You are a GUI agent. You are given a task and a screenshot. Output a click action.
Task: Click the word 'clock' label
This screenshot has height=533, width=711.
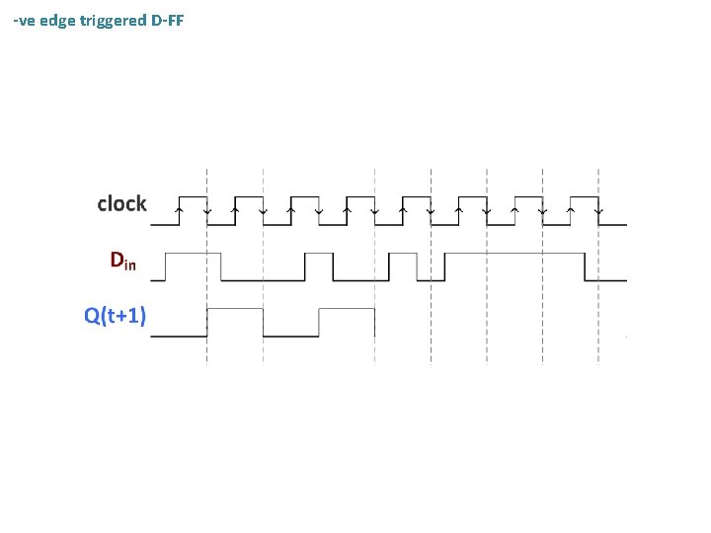tap(121, 204)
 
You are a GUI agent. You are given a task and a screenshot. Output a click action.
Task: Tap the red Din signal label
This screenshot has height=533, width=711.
tap(123, 262)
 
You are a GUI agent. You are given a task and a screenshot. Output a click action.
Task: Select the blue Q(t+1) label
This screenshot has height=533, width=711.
tap(116, 316)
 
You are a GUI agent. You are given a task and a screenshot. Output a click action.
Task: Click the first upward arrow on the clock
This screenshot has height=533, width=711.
tap(179, 209)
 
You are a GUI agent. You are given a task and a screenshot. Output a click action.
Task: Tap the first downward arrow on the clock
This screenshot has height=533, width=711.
tap(206, 209)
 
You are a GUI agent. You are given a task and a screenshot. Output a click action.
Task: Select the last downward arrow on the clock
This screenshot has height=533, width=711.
tap(599, 209)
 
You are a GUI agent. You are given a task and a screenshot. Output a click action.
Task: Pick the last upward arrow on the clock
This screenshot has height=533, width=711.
tap(572, 209)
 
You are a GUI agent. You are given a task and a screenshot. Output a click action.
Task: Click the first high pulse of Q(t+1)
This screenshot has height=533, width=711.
tap(235, 309)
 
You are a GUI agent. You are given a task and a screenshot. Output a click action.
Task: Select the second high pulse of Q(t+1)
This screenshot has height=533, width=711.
tap(347, 309)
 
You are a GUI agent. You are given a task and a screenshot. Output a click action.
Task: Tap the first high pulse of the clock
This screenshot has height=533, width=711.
tap(193, 196)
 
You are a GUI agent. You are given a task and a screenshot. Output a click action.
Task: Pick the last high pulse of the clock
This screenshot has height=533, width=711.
tap(586, 196)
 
